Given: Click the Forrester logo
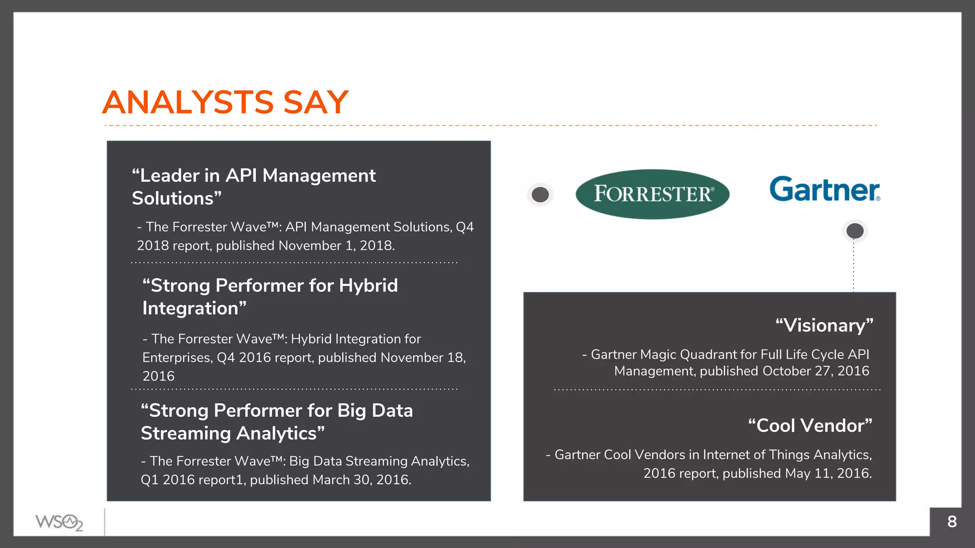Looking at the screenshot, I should (652, 194).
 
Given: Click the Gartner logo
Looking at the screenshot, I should (825, 189).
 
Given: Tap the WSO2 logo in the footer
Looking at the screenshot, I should (59, 522).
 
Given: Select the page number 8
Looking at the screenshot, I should (952, 522).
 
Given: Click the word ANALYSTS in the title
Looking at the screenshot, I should (188, 102).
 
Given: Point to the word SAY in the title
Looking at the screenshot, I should (316, 102).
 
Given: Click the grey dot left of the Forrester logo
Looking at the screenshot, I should (540, 195).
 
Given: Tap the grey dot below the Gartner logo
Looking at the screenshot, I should (855, 231).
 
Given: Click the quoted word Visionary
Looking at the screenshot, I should (824, 325).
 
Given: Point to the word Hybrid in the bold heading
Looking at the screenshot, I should (368, 285).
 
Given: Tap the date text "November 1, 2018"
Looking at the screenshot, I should (336, 245).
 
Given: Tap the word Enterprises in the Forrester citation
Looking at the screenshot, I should (177, 358).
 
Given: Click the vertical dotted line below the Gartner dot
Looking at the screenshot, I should (854, 266).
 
